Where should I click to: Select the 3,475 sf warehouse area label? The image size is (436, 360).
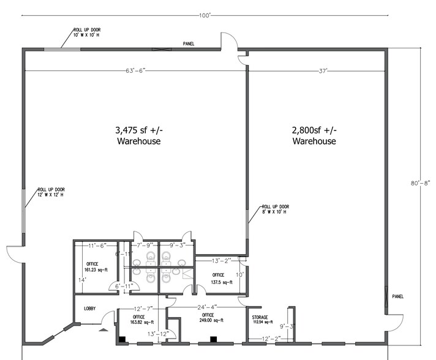139,135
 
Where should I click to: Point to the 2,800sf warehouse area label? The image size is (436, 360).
314,135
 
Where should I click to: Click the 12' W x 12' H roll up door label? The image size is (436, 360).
51,192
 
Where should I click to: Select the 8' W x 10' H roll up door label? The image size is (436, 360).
275,209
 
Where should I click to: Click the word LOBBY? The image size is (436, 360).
89,309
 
